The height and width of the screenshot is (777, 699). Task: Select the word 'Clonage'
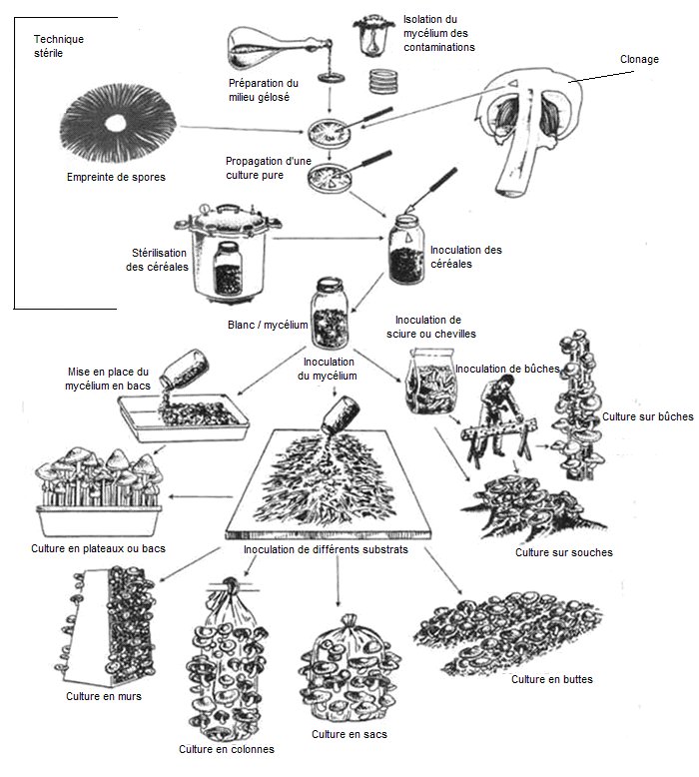click(x=639, y=59)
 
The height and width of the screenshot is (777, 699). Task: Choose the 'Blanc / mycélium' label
click(x=269, y=326)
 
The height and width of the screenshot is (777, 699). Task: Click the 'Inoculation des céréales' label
click(x=465, y=257)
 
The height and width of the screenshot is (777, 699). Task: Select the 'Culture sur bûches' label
click(x=646, y=416)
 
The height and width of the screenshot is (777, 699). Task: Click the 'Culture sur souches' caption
click(x=563, y=551)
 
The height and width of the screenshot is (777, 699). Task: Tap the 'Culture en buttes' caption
click(x=551, y=679)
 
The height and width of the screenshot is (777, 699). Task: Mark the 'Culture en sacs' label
click(x=349, y=734)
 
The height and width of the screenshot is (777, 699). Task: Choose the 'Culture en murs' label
click(x=104, y=696)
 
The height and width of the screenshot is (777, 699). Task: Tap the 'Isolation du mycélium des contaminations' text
click(x=439, y=33)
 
